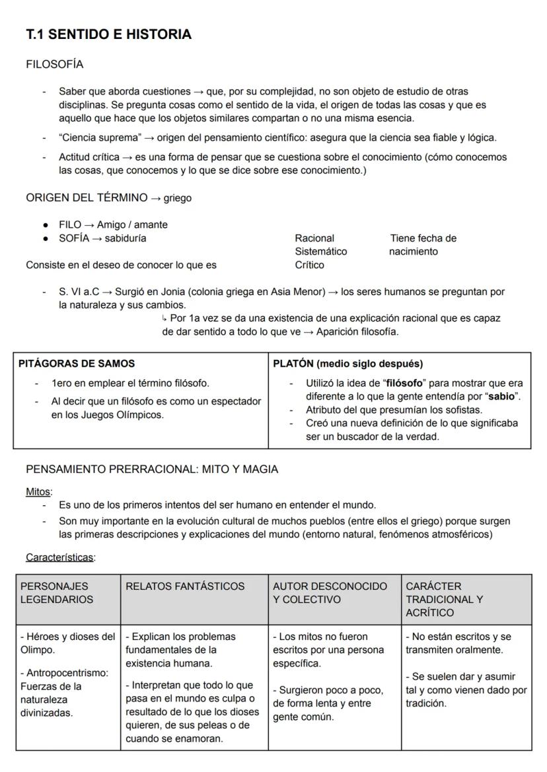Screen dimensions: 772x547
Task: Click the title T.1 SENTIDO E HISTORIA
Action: [x=108, y=34]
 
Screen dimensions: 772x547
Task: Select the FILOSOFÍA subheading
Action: [x=54, y=64]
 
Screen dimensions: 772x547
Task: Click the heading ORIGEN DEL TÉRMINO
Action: [x=87, y=197]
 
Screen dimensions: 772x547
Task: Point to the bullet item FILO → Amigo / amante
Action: [x=113, y=225]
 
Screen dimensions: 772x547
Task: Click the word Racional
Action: [x=314, y=238]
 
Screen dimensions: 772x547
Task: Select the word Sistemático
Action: [x=320, y=251]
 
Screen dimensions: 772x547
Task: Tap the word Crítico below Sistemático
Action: [x=309, y=265]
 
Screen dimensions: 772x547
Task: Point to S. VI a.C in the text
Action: [x=80, y=291]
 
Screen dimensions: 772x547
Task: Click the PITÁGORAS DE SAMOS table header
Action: [x=77, y=363]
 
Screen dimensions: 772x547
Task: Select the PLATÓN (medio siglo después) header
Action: [x=348, y=363]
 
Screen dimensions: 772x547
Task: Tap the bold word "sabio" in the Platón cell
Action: [x=500, y=396]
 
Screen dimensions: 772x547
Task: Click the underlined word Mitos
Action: [x=38, y=491]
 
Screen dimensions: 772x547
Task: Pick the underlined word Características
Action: [x=60, y=557]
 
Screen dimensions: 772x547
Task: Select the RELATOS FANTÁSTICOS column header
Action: [x=185, y=586]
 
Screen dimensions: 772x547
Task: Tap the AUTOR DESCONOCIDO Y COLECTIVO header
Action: [x=330, y=592]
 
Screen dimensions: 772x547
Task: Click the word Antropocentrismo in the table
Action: [x=66, y=672]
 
